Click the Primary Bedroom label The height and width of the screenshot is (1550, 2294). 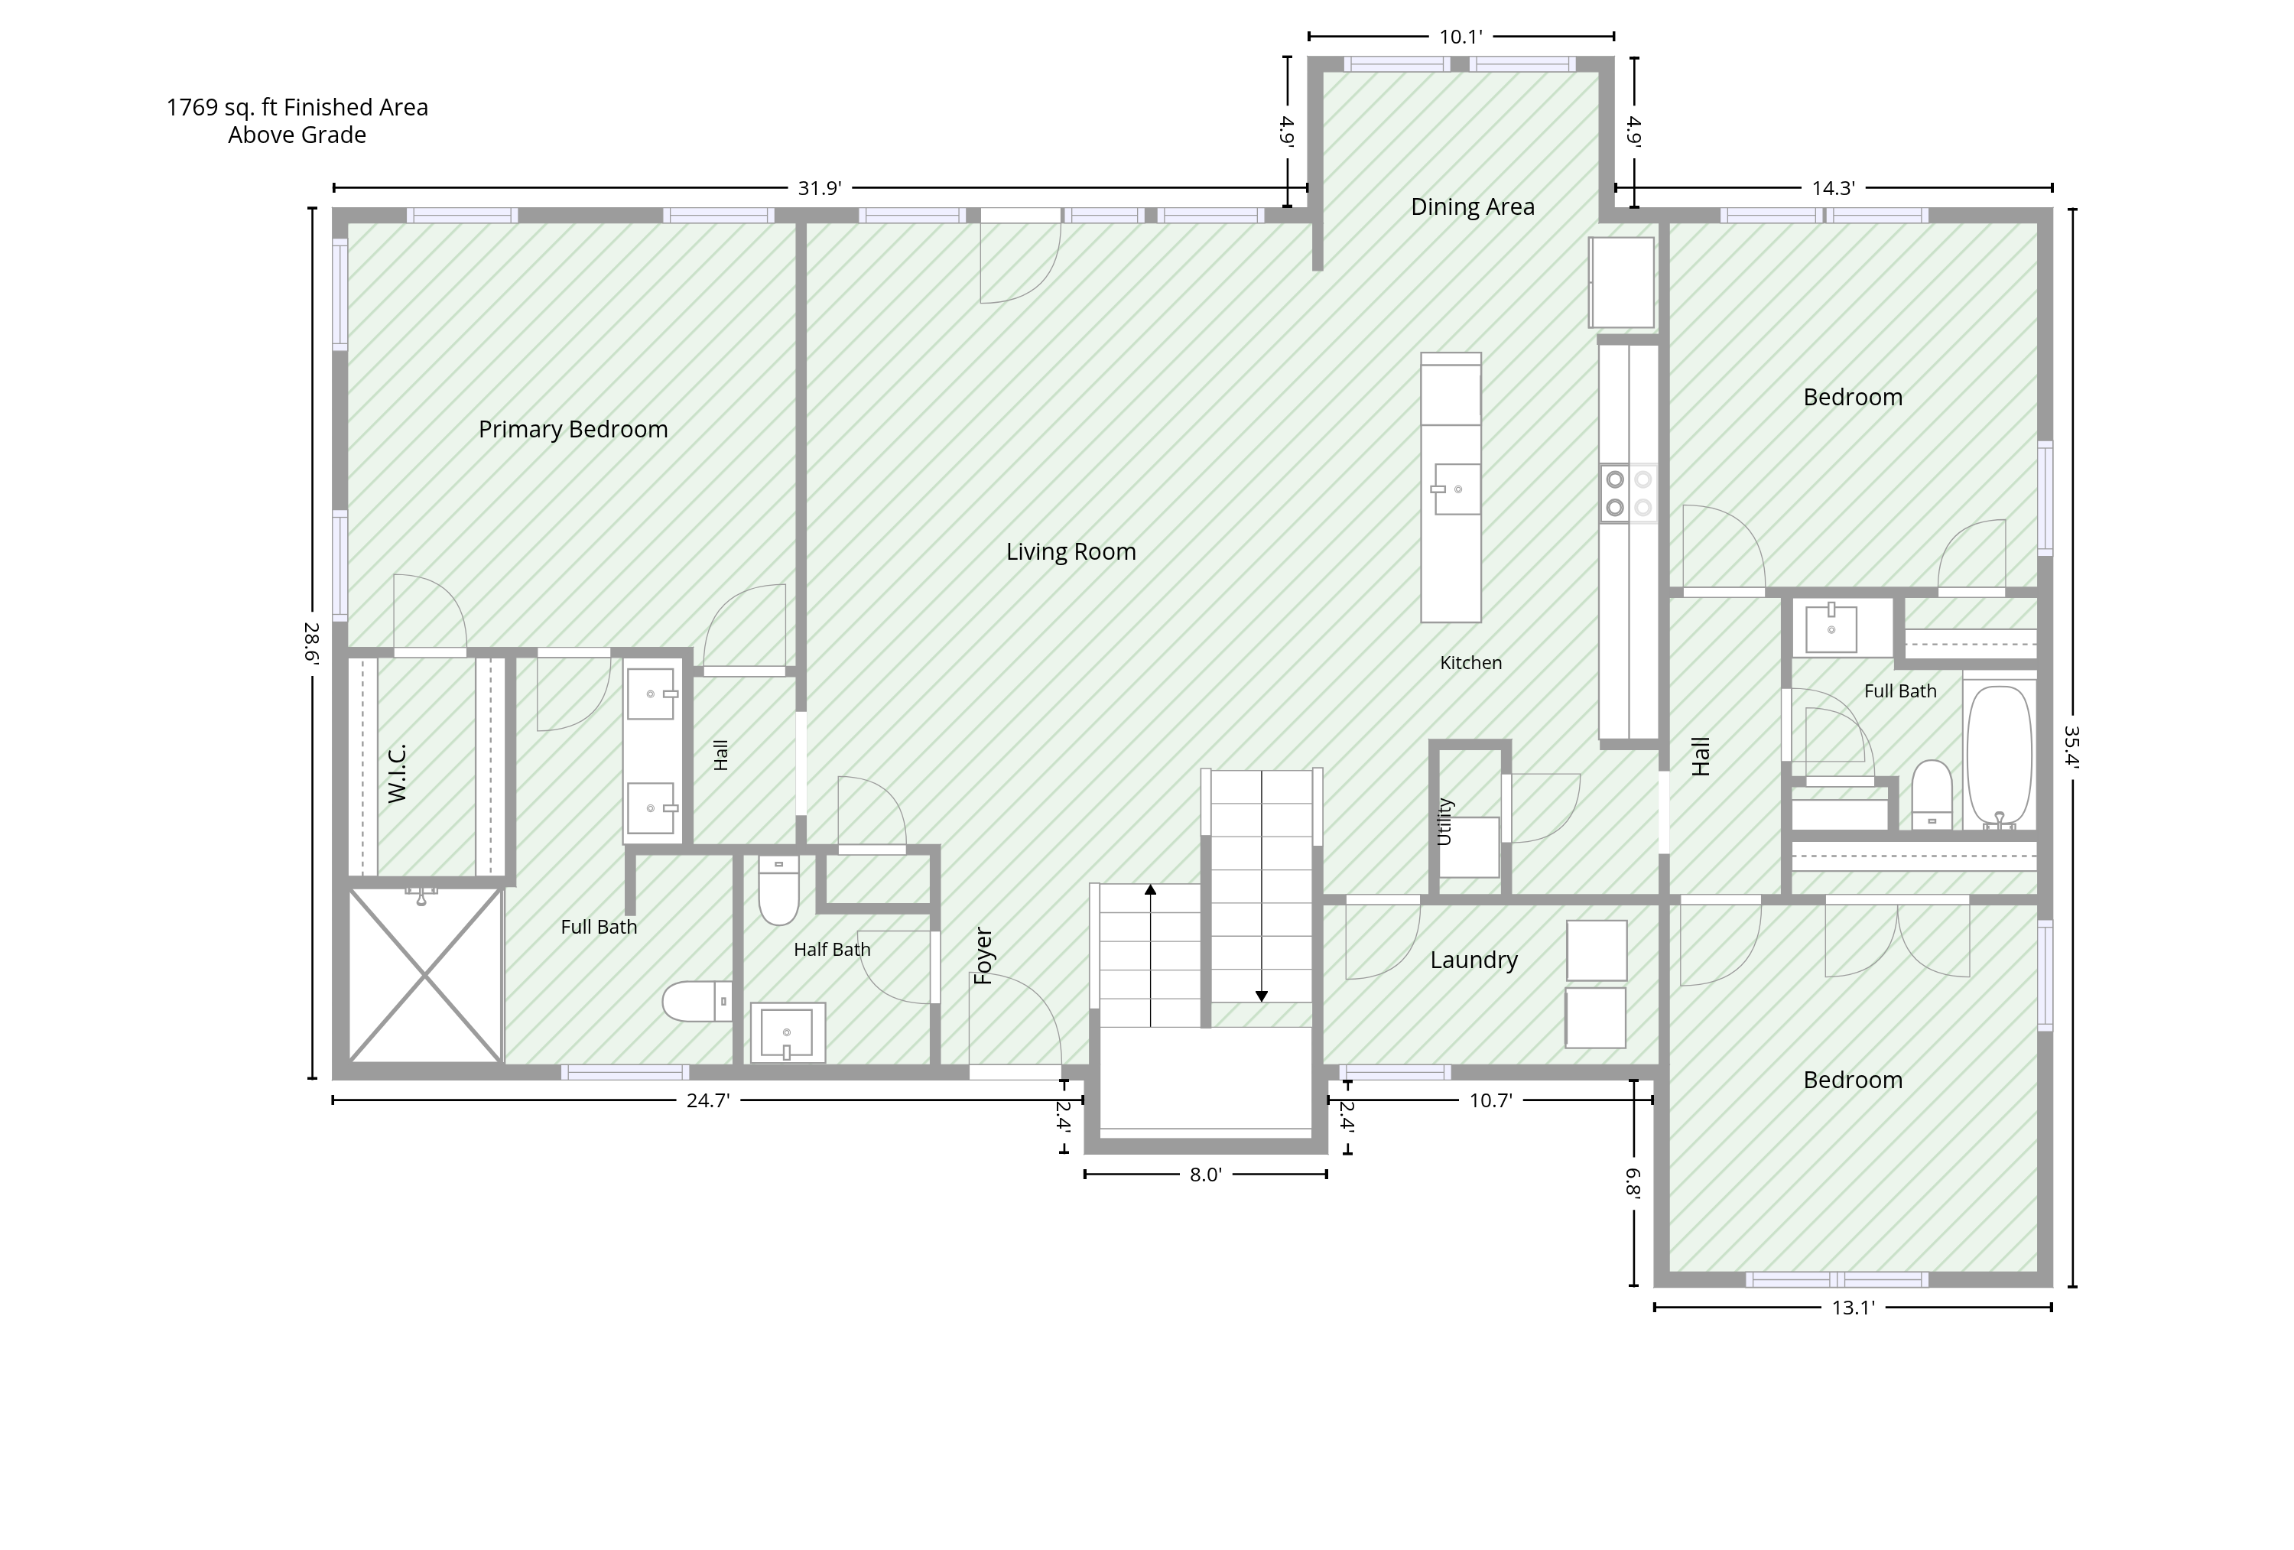point(573,430)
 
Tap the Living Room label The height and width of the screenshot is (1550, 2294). point(1071,552)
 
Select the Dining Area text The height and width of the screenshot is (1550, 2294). point(1472,207)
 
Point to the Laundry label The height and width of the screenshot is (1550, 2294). point(1474,960)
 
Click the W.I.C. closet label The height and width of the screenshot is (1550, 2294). point(397,774)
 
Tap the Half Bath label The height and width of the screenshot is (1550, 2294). point(832,950)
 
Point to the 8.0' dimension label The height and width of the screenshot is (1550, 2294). point(1205,1175)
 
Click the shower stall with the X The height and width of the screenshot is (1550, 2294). point(424,976)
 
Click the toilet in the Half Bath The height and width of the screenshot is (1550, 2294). point(779,891)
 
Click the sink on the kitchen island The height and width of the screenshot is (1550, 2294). point(1456,489)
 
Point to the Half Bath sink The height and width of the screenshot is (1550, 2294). point(788,1032)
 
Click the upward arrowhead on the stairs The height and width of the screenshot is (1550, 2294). point(1150,889)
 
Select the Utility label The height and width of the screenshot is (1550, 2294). point(1444,821)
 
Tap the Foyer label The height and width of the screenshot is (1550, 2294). point(983,956)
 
